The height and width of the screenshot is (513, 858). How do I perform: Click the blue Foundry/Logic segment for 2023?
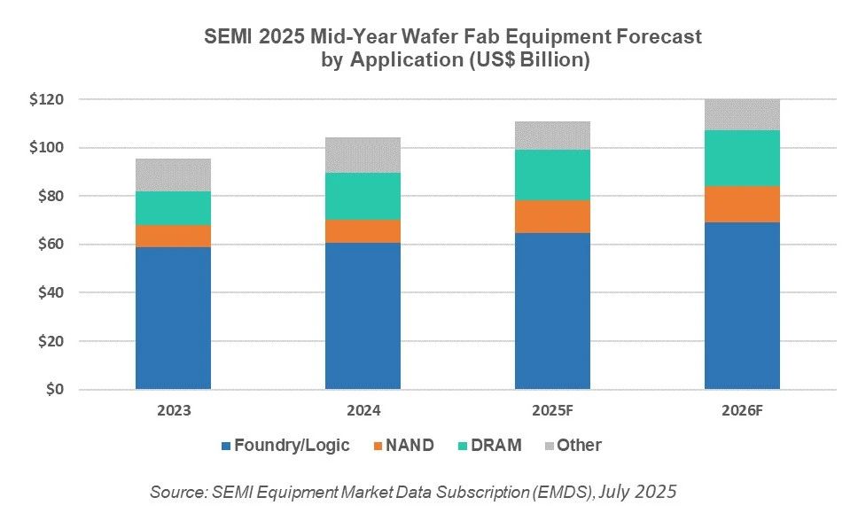173,317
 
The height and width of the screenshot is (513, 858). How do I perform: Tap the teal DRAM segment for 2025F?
552,175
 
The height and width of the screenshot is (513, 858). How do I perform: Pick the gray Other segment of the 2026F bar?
742,115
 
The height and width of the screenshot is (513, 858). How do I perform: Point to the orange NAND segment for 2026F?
742,204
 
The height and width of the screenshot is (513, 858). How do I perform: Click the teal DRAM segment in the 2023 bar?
173,208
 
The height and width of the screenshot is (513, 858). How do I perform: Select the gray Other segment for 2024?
363,155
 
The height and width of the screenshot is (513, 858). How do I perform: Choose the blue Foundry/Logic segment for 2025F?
552,311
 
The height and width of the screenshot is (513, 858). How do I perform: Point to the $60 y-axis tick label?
48,245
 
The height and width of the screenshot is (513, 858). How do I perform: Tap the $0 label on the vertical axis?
55,390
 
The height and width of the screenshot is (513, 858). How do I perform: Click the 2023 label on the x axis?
173,411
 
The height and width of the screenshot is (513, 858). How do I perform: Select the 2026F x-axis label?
742,411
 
